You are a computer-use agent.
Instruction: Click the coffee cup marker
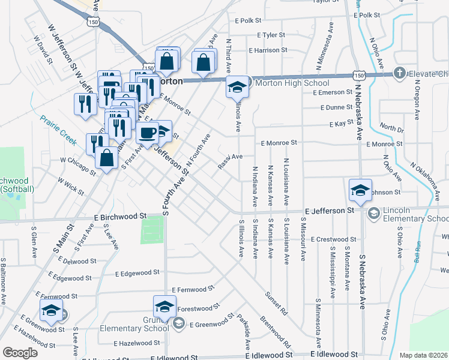click(x=147, y=133)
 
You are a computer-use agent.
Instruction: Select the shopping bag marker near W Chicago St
click(x=106, y=158)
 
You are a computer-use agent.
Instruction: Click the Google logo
click(x=20, y=353)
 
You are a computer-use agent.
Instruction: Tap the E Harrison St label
click(x=268, y=50)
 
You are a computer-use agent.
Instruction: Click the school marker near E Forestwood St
click(x=164, y=307)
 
